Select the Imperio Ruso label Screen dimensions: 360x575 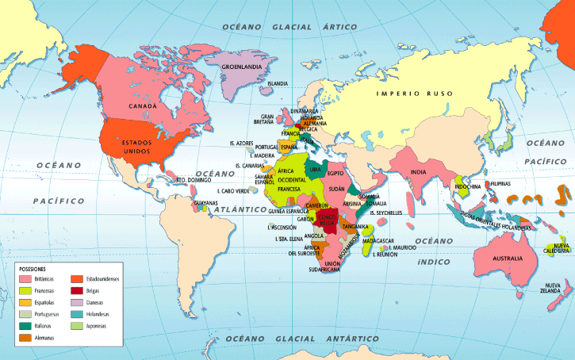tap(414, 94)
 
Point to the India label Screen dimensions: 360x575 tap(419, 172)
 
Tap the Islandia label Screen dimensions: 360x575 tap(278, 83)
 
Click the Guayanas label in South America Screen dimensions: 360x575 tap(205, 204)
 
